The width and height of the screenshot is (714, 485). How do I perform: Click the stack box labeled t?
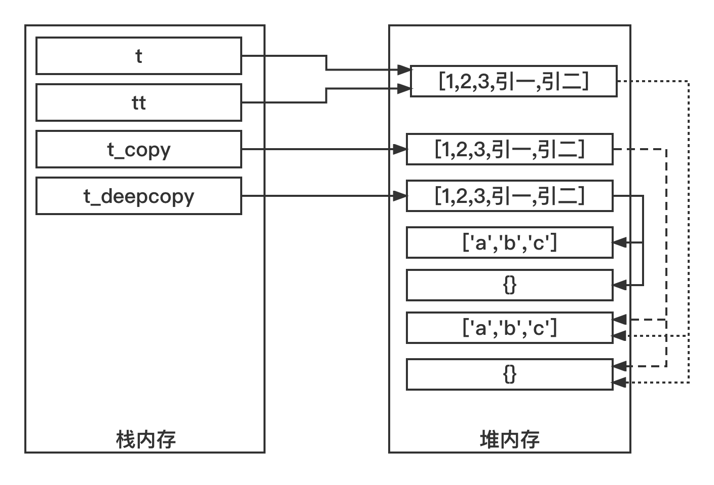pos(138,56)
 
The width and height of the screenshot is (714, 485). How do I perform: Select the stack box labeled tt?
pos(138,102)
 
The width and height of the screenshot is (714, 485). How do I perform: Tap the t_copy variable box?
pos(138,149)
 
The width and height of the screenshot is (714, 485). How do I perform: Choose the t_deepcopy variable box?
pos(138,196)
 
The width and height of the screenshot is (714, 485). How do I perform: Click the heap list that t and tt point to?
pos(513,81)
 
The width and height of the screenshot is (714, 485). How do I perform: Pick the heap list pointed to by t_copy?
pos(509,149)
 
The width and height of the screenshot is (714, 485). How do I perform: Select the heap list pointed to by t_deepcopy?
pos(509,196)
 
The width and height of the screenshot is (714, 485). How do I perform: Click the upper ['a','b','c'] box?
pos(509,243)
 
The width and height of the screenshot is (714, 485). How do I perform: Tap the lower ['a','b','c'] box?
pos(509,328)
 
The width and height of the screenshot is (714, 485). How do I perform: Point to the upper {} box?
pos(509,285)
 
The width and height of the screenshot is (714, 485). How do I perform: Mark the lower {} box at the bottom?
pos(509,374)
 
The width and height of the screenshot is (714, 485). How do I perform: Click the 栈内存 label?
pos(146,439)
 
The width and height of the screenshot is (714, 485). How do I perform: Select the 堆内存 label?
pos(509,439)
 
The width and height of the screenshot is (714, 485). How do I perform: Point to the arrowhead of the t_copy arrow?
pos(400,149)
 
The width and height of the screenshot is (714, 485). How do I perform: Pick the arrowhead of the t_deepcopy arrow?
pos(400,196)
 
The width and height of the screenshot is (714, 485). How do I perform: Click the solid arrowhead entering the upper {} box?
pos(620,285)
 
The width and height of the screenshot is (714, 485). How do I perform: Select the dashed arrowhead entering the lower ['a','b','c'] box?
pos(620,320)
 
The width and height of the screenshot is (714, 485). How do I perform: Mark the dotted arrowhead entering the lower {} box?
pos(620,383)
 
